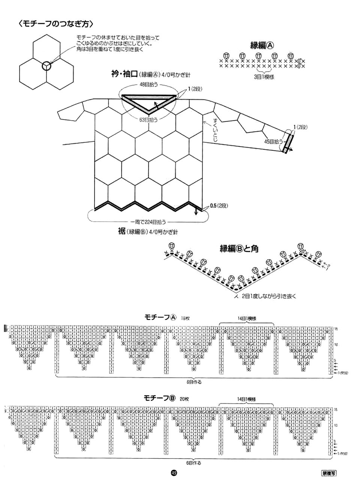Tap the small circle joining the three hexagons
(x=46, y=66)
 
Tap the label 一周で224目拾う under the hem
(x=147, y=222)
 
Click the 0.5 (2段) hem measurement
(x=219, y=206)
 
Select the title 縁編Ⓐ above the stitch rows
(x=262, y=45)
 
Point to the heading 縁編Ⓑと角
(x=238, y=248)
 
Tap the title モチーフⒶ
(x=160, y=317)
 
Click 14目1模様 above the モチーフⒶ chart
(x=246, y=318)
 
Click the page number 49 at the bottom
(x=173, y=473)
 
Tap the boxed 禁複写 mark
(x=328, y=473)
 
